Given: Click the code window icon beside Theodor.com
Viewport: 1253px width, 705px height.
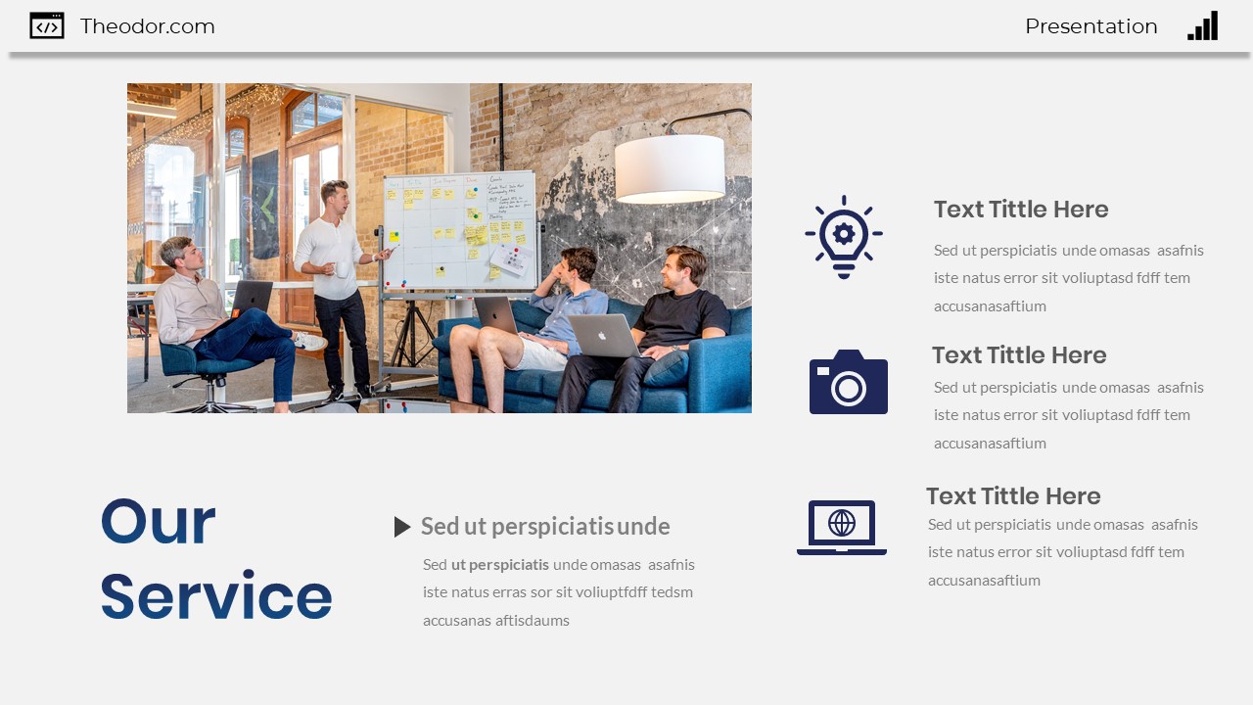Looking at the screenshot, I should tap(47, 26).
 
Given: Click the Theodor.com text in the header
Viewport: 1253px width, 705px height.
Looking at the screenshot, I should tap(147, 26).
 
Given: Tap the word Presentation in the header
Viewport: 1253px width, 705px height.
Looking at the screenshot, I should tap(1091, 26).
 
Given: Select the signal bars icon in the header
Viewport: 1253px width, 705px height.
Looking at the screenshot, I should tap(1203, 26).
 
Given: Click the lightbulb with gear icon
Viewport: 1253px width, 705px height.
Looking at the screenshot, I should tap(844, 236).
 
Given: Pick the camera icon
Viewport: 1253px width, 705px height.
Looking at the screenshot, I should tap(848, 382).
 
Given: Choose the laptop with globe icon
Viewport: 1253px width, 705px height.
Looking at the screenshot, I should tap(842, 527).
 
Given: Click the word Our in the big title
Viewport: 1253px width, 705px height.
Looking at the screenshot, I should tap(158, 522).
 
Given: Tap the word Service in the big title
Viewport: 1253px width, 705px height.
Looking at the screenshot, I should tap(215, 597).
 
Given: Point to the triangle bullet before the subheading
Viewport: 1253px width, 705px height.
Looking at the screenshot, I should tap(401, 527).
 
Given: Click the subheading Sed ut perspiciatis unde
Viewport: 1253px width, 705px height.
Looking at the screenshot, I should tap(545, 527).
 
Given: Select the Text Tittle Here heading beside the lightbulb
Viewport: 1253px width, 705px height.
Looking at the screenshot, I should tap(1021, 210).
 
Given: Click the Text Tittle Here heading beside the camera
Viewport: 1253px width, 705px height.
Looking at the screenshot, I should tap(1019, 355).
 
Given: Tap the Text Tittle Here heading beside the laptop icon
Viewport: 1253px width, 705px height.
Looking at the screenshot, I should tap(1013, 496).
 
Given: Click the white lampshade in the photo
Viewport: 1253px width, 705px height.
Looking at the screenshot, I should tap(670, 168).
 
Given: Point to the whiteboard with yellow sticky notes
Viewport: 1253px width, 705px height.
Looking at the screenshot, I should tap(459, 230).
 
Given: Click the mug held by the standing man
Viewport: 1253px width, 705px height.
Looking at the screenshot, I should tap(342, 268).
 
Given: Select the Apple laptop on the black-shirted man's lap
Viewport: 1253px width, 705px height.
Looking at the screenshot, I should tap(602, 335).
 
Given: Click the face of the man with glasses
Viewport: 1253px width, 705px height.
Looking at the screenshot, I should tap(189, 257).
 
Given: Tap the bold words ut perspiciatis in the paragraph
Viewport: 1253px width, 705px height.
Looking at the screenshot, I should tap(500, 564).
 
